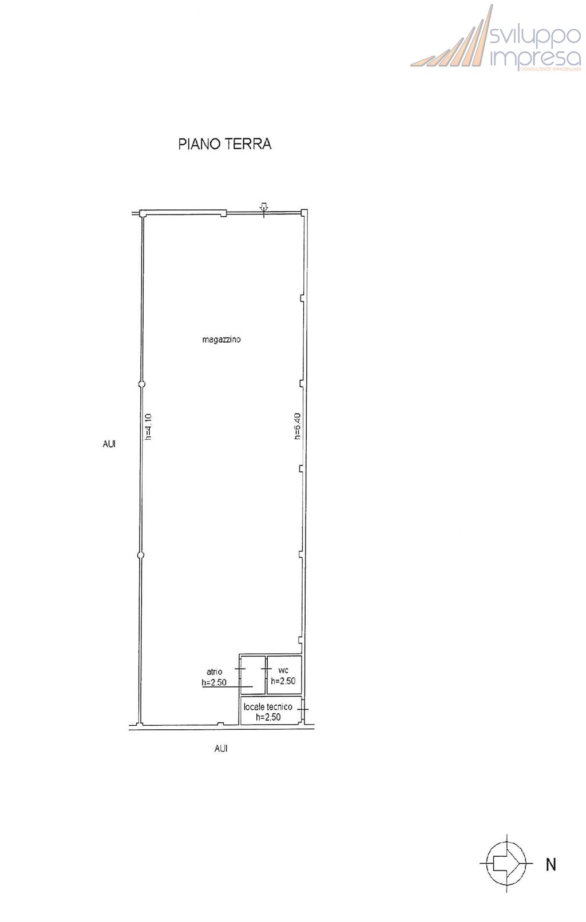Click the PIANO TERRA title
pos(224,144)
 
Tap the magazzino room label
pos(221,340)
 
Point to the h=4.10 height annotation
pos(149,427)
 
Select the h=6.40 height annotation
pos(298,427)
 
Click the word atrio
pos(214,671)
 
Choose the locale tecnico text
pos(268,707)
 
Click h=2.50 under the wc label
pos(283,681)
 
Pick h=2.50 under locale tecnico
pos(268,717)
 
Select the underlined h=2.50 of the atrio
pos(214,682)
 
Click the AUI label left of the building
pos(109,444)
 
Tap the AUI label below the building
pos(221,748)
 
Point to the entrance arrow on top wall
pos(264,208)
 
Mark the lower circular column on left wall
pos(141,556)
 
